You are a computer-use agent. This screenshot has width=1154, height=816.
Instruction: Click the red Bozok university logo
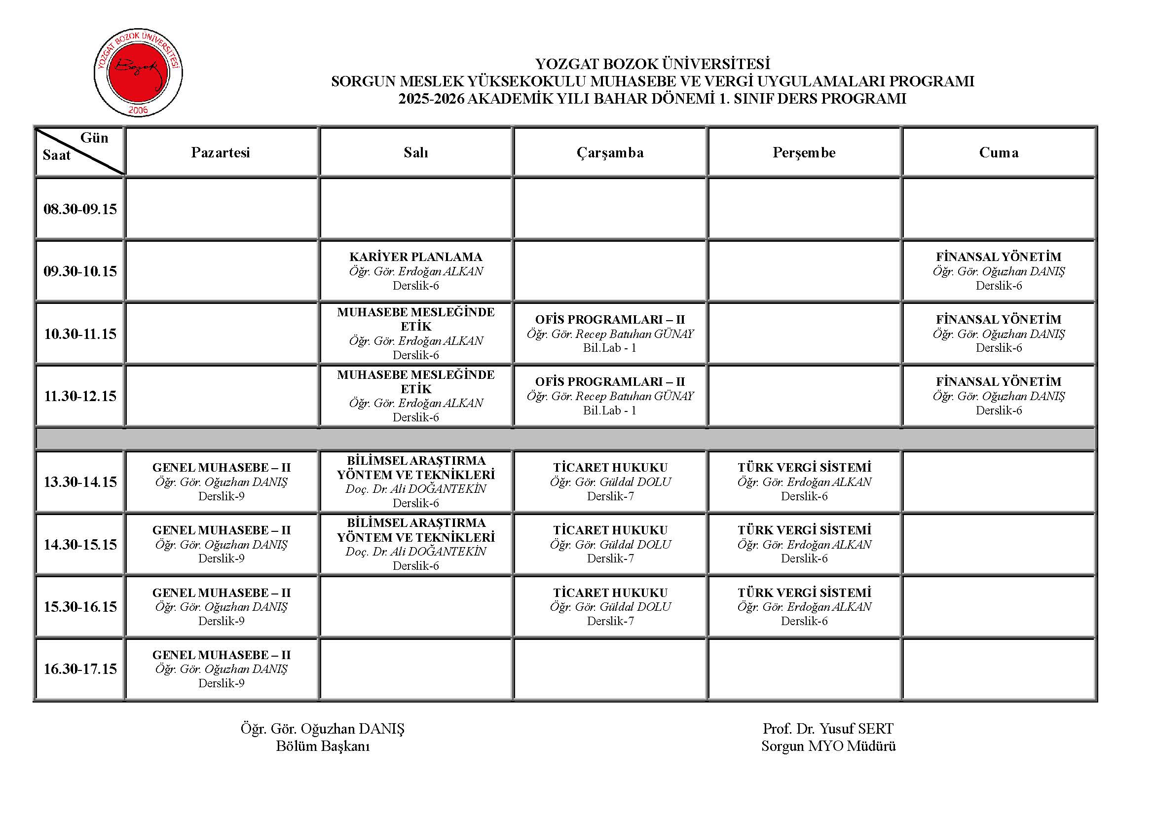(138, 73)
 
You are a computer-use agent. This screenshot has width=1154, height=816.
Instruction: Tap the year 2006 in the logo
(138, 110)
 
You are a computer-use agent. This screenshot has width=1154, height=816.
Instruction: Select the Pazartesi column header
(221, 152)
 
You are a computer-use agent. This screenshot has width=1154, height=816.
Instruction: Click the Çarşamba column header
(610, 152)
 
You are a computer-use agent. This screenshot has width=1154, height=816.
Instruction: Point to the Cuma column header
(999, 152)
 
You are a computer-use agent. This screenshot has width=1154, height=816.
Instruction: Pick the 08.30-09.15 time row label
(80, 209)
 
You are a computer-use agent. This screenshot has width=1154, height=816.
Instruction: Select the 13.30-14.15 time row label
(80, 482)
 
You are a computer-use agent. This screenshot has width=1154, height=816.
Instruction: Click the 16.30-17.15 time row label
(80, 669)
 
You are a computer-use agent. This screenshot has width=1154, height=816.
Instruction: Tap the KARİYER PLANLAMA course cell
(415, 271)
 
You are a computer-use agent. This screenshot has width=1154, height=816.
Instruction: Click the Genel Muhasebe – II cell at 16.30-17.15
(221, 669)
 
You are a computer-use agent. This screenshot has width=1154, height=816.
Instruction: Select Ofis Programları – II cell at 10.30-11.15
(610, 334)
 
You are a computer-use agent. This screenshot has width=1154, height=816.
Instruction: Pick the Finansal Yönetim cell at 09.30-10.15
(999, 271)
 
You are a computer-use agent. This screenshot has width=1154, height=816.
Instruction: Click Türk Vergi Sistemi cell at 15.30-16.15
(804, 606)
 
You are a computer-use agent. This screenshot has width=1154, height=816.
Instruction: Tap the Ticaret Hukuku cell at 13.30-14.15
(610, 482)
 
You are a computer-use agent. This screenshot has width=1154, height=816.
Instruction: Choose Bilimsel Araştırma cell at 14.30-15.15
(415, 544)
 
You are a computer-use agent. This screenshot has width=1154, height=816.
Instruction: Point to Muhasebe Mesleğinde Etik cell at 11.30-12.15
(415, 396)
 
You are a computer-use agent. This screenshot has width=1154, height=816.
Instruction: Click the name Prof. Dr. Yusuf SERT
(828, 729)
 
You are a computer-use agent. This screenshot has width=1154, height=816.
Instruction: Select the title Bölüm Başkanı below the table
(323, 746)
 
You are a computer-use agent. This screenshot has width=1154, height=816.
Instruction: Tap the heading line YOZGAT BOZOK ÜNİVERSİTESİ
(652, 64)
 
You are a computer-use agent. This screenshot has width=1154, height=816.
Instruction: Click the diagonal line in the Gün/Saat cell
(80, 152)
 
